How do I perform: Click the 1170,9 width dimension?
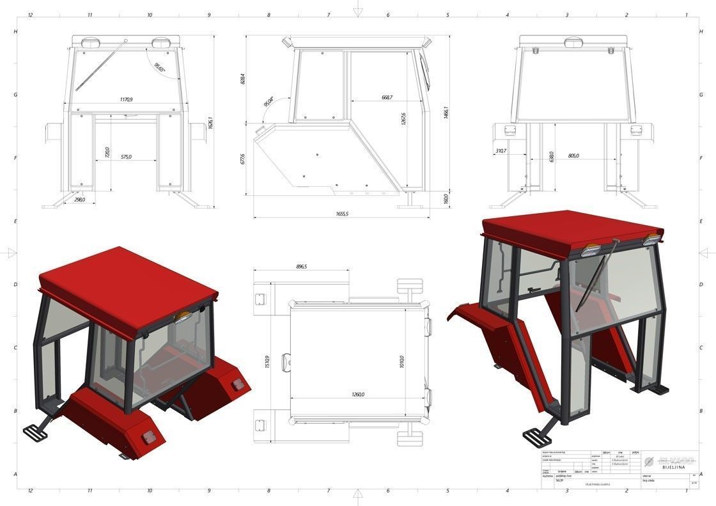point(130,100)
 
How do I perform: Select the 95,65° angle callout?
point(159,66)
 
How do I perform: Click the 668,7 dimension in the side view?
point(386,97)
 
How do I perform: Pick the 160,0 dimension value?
point(446,199)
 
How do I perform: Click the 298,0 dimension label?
point(79,200)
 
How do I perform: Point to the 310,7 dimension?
point(501,151)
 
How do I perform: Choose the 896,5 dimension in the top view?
point(298,267)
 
